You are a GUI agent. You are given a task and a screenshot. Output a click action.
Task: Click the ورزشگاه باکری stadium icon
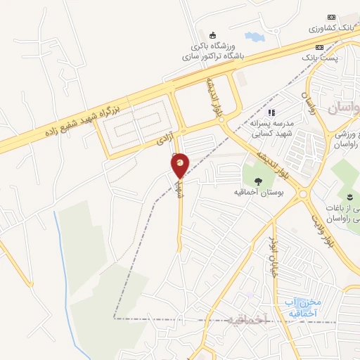[x=212, y=35]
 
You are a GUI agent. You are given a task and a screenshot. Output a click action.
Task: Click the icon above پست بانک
[x=321, y=46]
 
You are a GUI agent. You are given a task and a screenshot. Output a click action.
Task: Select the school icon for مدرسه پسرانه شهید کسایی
[x=272, y=112]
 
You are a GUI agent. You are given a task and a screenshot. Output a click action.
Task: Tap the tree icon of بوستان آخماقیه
[x=257, y=179]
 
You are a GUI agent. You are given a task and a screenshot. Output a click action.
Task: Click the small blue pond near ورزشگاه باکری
[x=252, y=36]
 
